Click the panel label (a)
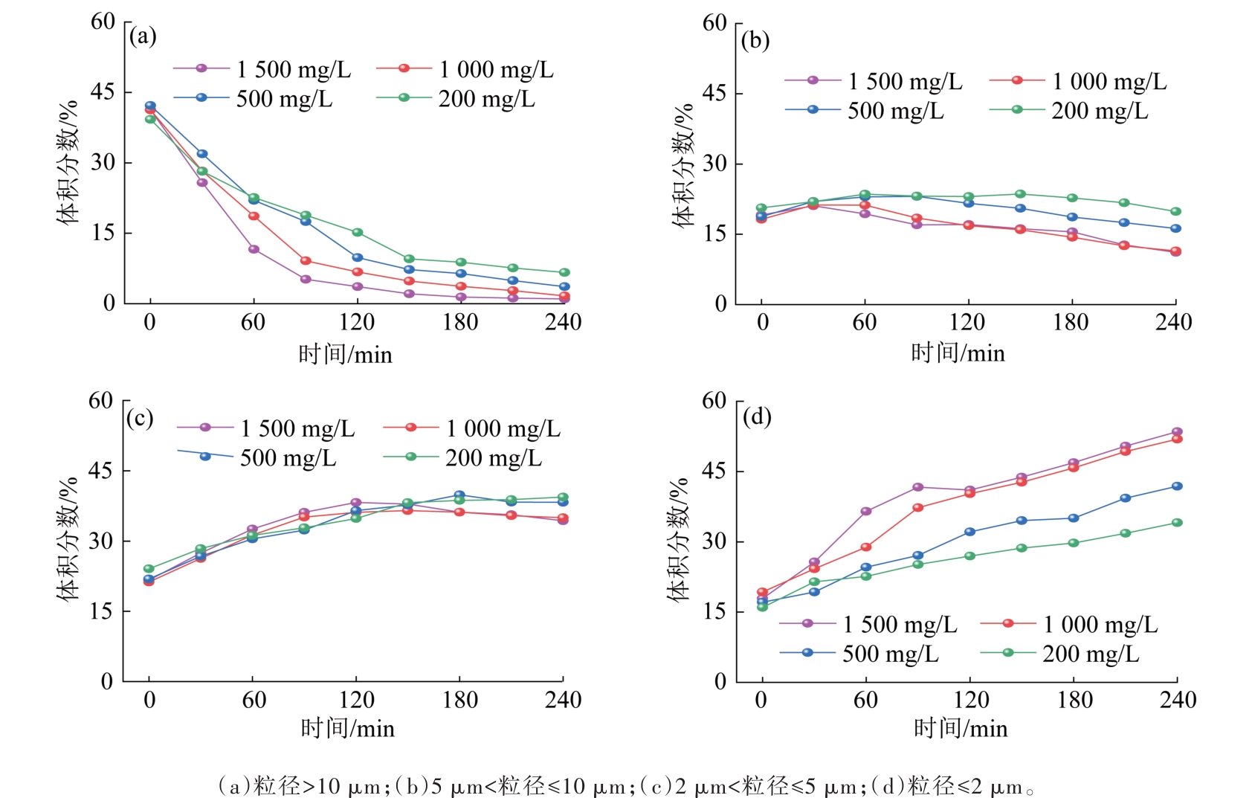point(142,36)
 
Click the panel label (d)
point(756,416)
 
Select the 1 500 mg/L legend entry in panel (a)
point(262,69)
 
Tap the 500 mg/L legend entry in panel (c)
point(256,457)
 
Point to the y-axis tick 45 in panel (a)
point(103,92)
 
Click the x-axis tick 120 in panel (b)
point(967,322)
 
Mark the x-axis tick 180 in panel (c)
point(460,700)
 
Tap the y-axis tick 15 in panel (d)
point(715,611)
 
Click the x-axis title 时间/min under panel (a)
point(345,354)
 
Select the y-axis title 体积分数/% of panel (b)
point(683,164)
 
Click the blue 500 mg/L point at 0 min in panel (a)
point(150,106)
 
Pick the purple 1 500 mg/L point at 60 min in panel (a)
point(254,249)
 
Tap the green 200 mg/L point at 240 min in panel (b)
point(1175,211)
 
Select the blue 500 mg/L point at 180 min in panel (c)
point(459,495)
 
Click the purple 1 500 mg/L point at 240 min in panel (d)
point(1177,432)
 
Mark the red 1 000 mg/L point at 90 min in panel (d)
point(917,508)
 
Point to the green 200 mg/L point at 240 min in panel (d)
point(1177,523)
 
